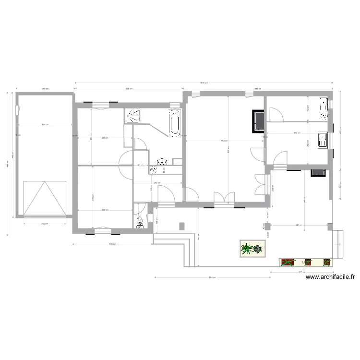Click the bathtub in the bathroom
tap(174, 123)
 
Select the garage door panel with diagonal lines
tap(45, 198)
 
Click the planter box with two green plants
tap(252, 249)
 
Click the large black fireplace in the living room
tap(258, 120)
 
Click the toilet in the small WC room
tap(140, 221)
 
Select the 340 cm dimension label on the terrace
tap(298, 225)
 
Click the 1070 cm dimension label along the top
tap(204, 83)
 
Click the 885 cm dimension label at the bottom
tap(211, 277)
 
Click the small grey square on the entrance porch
tap(181, 226)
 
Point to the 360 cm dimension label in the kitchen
tap(297, 133)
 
